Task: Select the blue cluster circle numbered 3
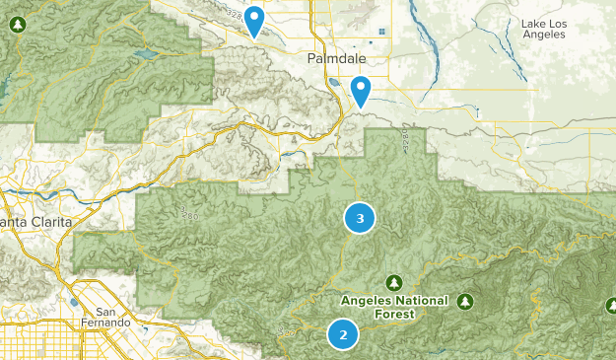pyautogui.click(x=360, y=218)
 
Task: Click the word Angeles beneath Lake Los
pyautogui.click(x=542, y=34)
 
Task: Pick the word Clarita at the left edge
pyautogui.click(x=47, y=222)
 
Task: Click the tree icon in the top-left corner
pyautogui.click(x=17, y=23)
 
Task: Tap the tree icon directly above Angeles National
pyautogui.click(x=394, y=282)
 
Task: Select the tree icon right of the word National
pyautogui.click(x=464, y=301)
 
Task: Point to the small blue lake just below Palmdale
pyautogui.click(x=337, y=83)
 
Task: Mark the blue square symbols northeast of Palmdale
pyautogui.click(x=380, y=31)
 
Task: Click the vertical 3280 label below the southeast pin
pyautogui.click(x=404, y=139)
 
